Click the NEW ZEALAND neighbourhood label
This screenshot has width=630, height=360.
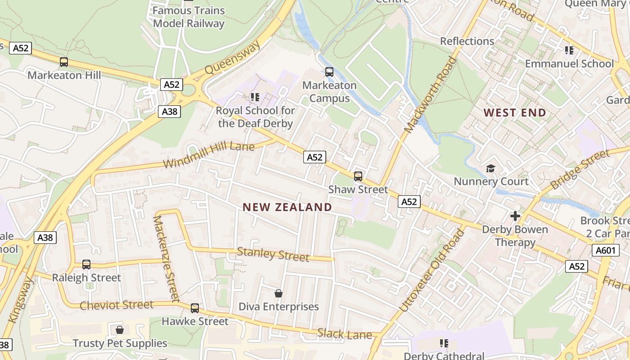pos(287,207)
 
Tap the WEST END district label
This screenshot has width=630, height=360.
pos(515,112)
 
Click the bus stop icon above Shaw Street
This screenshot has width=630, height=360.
pos(358,176)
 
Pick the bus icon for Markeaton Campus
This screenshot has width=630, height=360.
pos(329,72)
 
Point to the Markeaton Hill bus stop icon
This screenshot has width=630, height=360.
pos(64,62)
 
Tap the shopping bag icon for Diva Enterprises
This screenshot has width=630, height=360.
pos(279,293)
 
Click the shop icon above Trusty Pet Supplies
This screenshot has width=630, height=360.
pos(120,330)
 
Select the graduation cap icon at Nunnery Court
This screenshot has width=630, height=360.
pos(490,168)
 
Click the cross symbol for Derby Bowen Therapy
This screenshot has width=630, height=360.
pos(515,216)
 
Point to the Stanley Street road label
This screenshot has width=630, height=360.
pos(273,255)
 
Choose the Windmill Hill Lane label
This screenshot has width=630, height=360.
pos(209,155)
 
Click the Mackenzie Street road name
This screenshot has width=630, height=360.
pos(166,259)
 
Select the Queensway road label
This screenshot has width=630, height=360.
pos(233,58)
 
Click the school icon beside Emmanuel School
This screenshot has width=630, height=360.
pos(569,50)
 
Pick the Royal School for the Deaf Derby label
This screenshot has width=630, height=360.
pos(255,117)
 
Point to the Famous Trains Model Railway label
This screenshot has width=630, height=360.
pos(189,17)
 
